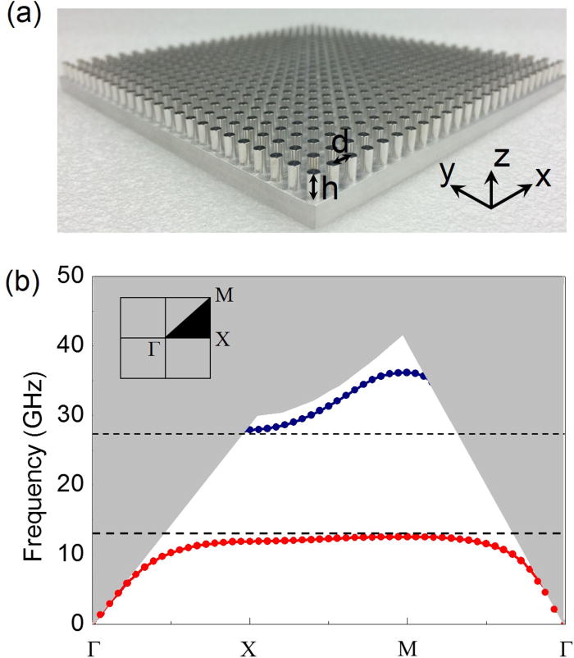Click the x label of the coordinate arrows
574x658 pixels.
pyautogui.click(x=542, y=178)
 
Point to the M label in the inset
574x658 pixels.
pyautogui.click(x=221, y=294)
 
